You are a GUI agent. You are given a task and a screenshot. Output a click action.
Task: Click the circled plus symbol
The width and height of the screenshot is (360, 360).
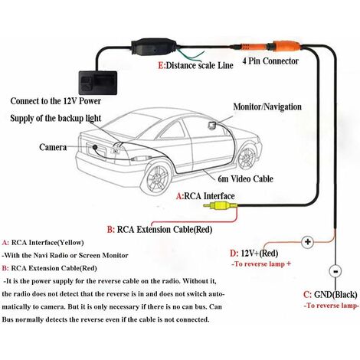[x=309, y=243]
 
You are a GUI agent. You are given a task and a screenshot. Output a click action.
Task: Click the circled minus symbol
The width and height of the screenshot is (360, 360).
[x=335, y=272]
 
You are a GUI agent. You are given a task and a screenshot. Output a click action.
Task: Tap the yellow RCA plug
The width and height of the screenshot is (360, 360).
[x=223, y=206]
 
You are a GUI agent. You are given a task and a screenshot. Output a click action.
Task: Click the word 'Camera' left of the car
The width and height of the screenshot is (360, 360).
[x=35, y=147]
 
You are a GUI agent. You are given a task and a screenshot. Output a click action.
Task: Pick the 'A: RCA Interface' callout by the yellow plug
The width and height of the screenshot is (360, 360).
[x=205, y=195]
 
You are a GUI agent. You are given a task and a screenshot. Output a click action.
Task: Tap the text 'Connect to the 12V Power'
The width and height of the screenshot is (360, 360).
[x=55, y=100]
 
